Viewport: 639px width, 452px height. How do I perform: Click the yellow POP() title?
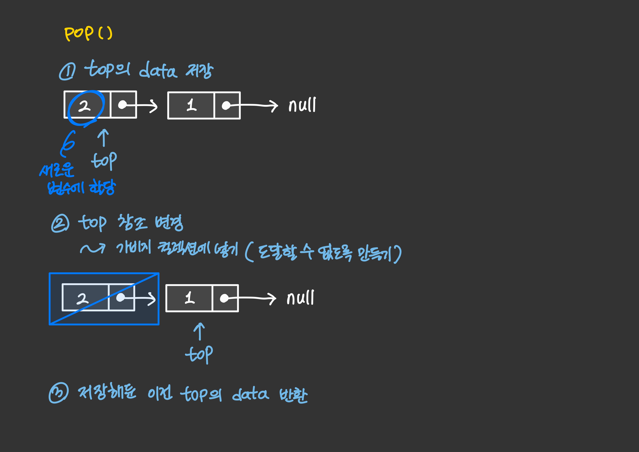click(x=88, y=33)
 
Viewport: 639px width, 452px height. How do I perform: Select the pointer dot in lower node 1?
click(x=224, y=298)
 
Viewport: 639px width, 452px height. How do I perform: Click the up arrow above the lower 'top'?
click(x=199, y=331)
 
